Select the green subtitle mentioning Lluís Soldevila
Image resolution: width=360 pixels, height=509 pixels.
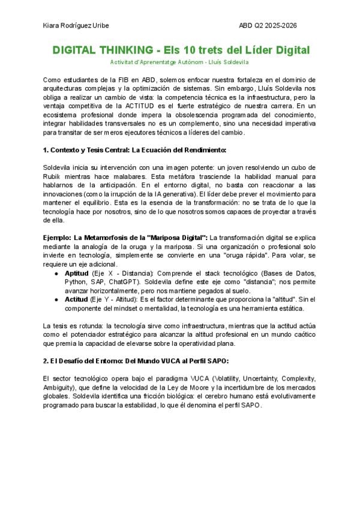tap(179, 62)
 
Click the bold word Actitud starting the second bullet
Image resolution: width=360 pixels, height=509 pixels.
tap(76, 298)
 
